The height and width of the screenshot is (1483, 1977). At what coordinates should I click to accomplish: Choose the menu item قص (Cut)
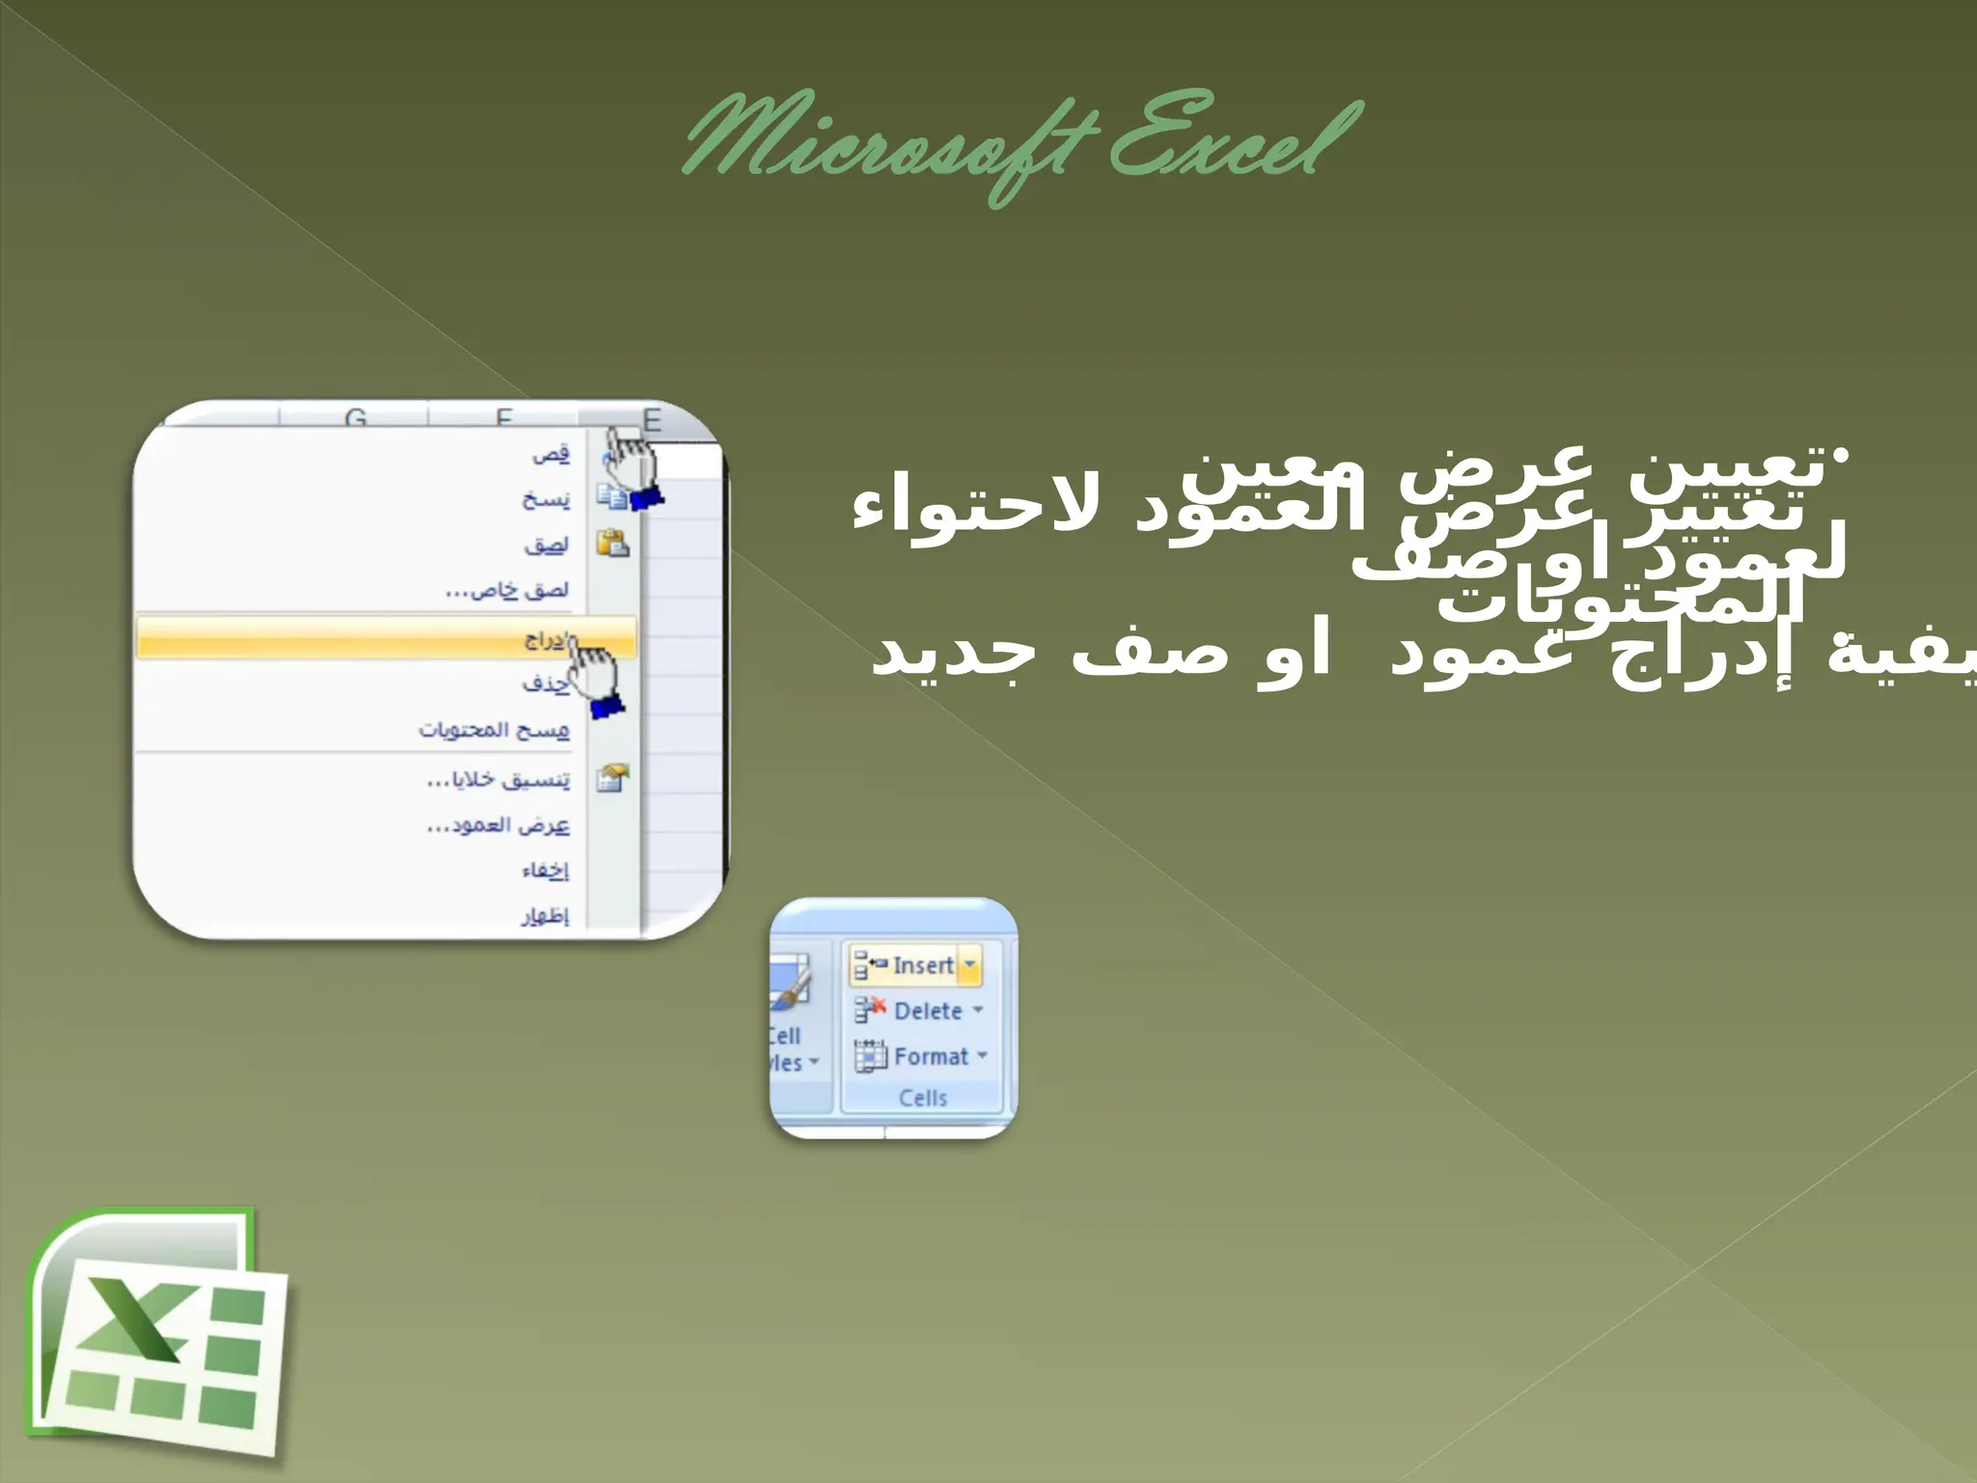coord(551,454)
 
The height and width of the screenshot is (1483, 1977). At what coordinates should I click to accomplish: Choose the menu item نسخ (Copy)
coord(546,499)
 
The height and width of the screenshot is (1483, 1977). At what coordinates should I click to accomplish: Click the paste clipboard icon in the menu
coord(612,544)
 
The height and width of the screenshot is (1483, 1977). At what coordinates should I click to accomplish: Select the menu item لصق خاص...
coord(508,590)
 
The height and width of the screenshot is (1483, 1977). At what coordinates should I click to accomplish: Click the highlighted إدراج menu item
coord(544,639)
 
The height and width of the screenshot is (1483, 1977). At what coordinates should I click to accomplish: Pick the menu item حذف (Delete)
coord(546,684)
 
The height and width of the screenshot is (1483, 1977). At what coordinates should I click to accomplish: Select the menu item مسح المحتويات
coord(494,730)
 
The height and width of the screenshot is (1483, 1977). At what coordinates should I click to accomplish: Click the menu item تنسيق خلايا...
coord(498,779)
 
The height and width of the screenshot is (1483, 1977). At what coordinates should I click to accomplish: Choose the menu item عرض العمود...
coord(498,825)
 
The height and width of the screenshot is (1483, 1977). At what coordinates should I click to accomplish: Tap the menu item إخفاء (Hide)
coord(545,871)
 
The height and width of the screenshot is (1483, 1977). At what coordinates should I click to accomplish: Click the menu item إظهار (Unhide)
coord(545,915)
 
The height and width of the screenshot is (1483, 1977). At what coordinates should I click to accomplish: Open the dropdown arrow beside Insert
coord(970,965)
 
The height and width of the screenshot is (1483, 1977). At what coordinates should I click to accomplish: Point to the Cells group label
coord(923,1098)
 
